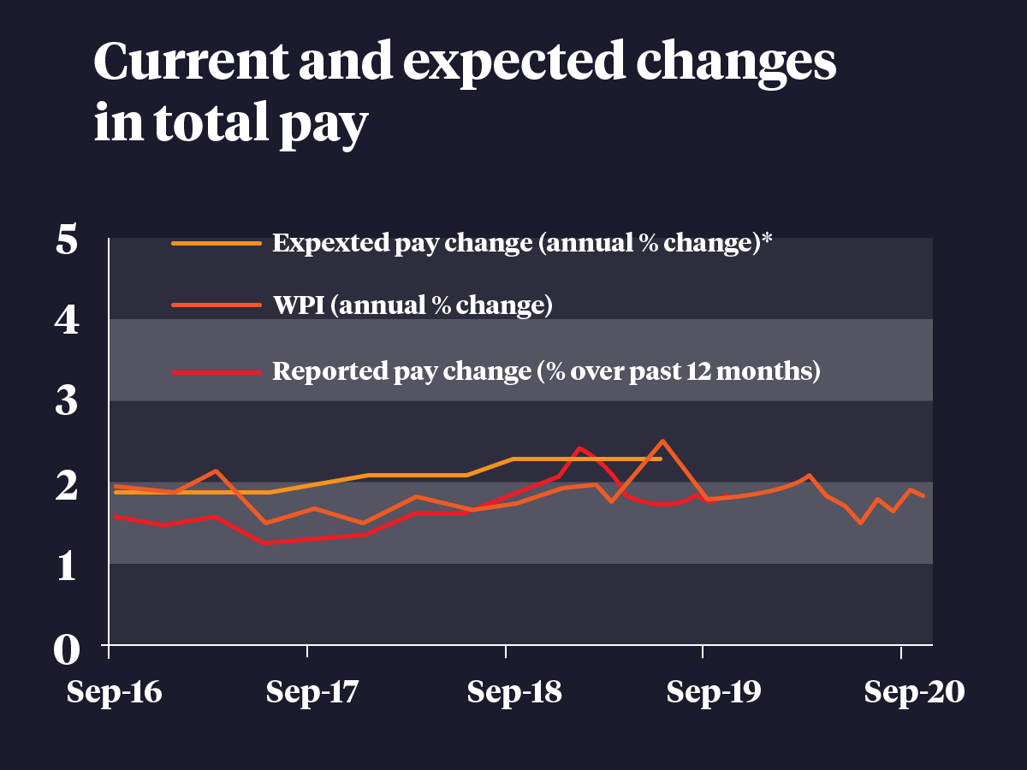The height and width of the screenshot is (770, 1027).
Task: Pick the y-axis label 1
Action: coord(68,566)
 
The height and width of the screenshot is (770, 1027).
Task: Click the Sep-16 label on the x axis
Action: coord(114,692)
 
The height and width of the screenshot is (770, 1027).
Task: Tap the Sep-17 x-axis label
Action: coord(312,692)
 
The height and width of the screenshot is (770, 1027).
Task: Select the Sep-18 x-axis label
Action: coord(513,692)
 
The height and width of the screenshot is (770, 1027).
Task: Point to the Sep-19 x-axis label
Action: coord(712,692)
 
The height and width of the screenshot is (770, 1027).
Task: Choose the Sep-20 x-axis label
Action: coord(914,692)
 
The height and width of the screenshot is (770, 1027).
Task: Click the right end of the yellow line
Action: coord(661,459)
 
